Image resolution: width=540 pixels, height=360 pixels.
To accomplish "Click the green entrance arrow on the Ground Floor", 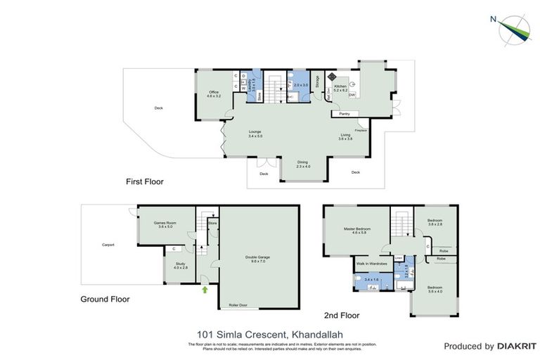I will tap(205, 288).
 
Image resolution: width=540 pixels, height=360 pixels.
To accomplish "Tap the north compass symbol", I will tap(513, 28).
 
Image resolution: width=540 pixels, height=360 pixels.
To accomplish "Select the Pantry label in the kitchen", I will tap(344, 113).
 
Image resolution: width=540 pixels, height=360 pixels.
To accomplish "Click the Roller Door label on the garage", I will tap(239, 305).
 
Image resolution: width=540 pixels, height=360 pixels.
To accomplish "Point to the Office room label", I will tap(214, 94).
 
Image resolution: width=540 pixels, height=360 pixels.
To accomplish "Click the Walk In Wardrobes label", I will tap(371, 264).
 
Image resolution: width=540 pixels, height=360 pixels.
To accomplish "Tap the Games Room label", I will tap(165, 224).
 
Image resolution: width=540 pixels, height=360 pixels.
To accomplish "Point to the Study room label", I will tap(181, 265).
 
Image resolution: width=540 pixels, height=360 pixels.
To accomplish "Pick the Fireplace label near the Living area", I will tap(361, 130).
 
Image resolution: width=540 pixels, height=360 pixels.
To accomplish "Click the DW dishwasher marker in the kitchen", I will tap(352, 96).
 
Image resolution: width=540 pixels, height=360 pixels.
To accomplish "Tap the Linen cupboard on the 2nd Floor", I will tap(399, 259).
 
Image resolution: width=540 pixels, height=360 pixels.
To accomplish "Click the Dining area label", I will tap(302, 163).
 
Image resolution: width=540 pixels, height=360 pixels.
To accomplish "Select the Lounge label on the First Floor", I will tap(255, 133).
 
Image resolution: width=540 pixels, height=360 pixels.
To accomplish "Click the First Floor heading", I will tap(144, 181).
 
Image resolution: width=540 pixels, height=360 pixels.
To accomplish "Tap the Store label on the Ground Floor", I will tap(212, 223).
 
